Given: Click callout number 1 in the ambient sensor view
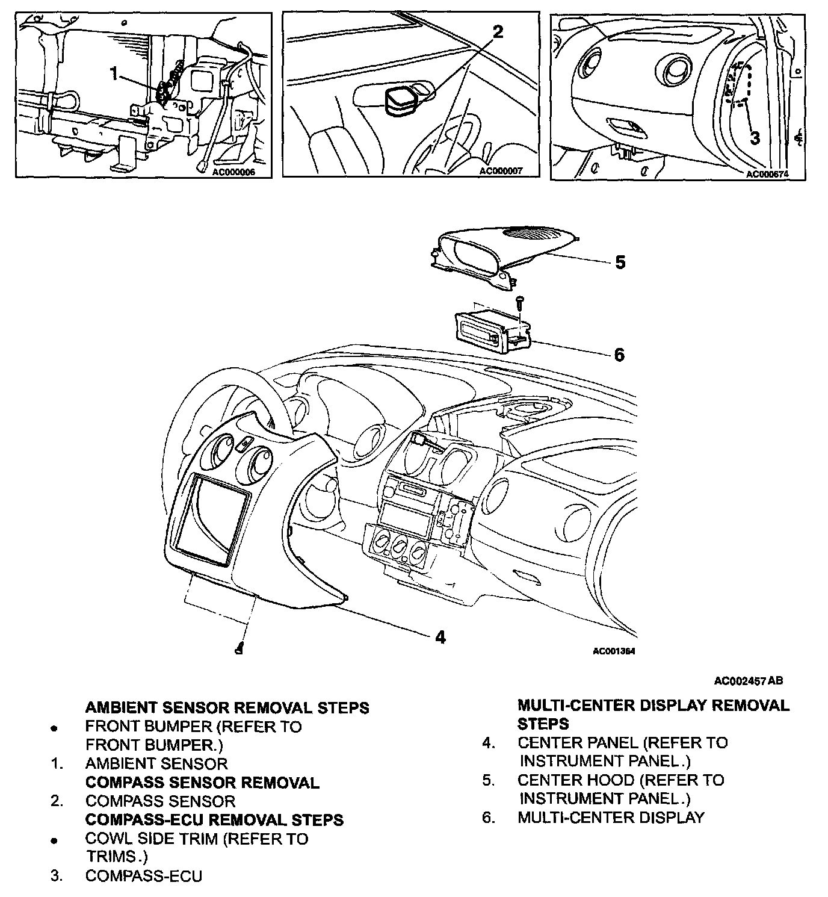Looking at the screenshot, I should (114, 73).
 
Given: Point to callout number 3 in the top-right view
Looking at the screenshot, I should (755, 137).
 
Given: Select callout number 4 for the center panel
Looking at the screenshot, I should (440, 636).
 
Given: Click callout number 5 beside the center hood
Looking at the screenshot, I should (620, 262).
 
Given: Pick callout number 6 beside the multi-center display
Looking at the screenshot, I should (619, 355).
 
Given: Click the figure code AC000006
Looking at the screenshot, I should (234, 171).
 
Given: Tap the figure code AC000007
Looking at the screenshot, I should (501, 171).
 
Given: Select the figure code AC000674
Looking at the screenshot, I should (767, 175).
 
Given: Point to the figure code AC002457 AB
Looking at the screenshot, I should (749, 681).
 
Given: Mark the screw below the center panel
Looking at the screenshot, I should (240, 648).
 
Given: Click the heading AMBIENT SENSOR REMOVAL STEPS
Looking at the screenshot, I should (227, 707).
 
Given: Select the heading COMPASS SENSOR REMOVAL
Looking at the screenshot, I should (202, 783).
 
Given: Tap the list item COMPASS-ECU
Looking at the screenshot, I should (143, 876).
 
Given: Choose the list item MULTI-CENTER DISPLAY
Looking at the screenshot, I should (610, 818).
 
